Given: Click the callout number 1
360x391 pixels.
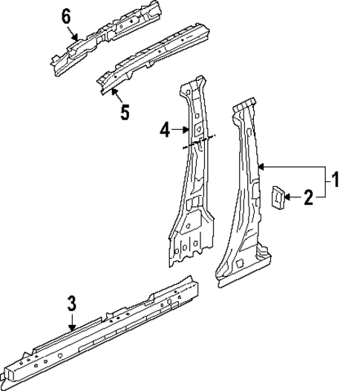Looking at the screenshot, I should pyautogui.click(x=335, y=180).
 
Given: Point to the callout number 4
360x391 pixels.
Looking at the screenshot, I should pyautogui.click(x=165, y=131).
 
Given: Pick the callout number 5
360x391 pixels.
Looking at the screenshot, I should pyautogui.click(x=124, y=112).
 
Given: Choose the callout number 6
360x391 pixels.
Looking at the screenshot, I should pyautogui.click(x=66, y=15).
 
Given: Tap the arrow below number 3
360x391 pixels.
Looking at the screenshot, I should pyautogui.click(x=72, y=321).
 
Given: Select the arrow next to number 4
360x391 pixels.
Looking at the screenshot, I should pyautogui.click(x=183, y=131).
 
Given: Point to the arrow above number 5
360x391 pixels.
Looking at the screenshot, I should pyautogui.click(x=117, y=94).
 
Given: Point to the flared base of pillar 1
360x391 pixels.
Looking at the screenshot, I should pyautogui.click(x=245, y=269).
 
